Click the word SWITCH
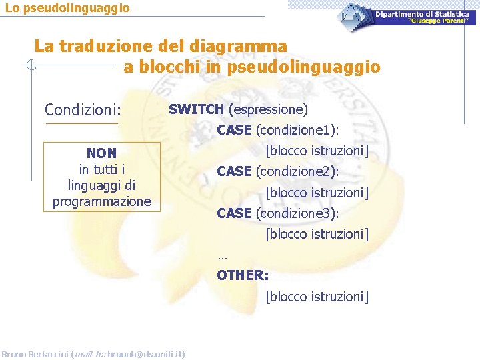(x=196, y=109)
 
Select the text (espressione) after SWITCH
(x=267, y=109)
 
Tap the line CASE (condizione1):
(x=278, y=130)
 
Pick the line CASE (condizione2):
(x=278, y=171)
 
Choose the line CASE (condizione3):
(x=278, y=213)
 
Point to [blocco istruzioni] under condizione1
(x=317, y=151)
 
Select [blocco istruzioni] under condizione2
(x=317, y=193)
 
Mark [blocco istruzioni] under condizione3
(x=317, y=234)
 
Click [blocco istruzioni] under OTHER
(x=317, y=296)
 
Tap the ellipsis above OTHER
(x=222, y=256)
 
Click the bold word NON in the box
(x=101, y=153)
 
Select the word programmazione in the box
(x=102, y=201)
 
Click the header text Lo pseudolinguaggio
(x=67, y=9)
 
